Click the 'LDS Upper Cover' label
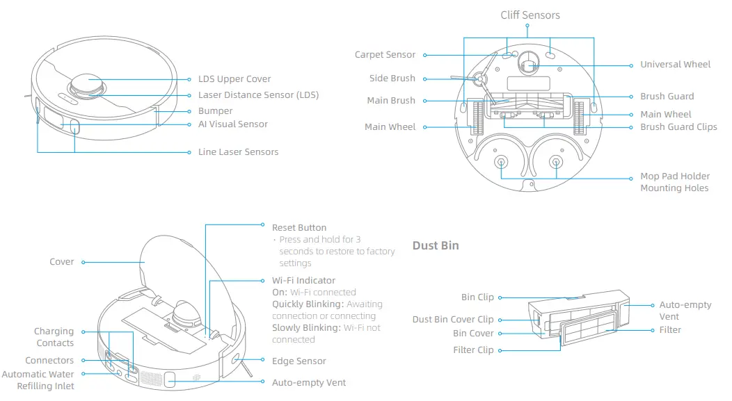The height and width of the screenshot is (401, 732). click(234, 79)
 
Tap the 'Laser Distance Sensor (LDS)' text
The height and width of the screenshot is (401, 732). click(258, 95)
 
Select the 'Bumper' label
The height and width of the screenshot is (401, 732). click(215, 111)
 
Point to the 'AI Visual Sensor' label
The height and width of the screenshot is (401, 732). click(232, 124)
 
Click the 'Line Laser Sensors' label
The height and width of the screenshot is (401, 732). click(238, 152)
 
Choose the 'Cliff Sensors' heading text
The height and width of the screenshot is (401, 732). click(530, 15)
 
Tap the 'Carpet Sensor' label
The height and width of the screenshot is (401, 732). click(385, 55)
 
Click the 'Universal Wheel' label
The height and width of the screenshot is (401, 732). click(675, 65)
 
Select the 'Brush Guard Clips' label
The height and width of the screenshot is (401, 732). click(678, 127)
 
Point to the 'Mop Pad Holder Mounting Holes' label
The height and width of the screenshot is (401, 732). click(674, 182)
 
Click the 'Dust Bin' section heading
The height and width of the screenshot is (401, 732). click(436, 245)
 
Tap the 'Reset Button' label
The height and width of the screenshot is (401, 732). click(299, 228)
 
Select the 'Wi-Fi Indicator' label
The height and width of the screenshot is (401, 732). click(303, 281)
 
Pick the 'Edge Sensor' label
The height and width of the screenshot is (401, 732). click(299, 361)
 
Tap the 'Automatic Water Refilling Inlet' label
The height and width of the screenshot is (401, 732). click(38, 380)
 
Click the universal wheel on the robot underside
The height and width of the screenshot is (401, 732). click(528, 65)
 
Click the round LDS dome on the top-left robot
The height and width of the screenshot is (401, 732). click(87, 84)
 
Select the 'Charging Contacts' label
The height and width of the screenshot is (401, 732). click(54, 337)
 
